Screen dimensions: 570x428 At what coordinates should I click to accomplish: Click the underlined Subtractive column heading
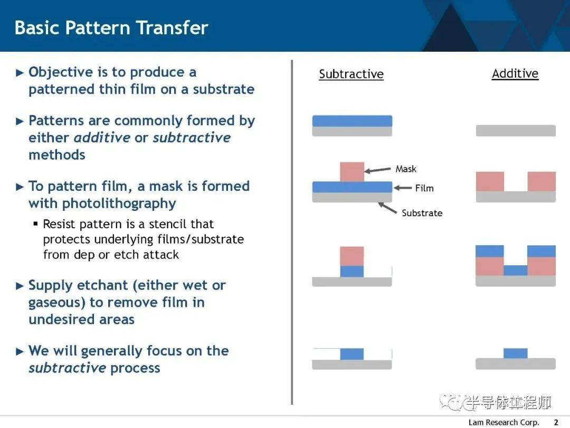click(351, 74)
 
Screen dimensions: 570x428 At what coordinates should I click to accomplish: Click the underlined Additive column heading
click(515, 73)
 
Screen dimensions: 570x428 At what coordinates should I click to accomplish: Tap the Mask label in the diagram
click(406, 169)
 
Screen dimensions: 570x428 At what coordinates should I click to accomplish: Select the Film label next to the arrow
click(424, 188)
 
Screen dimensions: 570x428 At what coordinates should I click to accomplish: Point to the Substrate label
click(422, 213)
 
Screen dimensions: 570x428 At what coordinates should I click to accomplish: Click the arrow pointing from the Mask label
click(378, 170)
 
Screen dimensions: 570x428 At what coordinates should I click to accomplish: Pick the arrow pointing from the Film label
click(403, 188)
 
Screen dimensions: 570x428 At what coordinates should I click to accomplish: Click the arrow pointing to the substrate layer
click(387, 208)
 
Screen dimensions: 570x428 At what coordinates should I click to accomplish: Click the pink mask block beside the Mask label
click(352, 172)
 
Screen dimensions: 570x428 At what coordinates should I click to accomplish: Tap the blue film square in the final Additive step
click(516, 353)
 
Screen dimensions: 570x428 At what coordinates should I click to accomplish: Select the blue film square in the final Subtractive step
click(352, 354)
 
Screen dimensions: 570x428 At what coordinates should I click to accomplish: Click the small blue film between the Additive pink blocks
click(516, 271)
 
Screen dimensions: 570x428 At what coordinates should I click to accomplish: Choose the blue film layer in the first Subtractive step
click(352, 121)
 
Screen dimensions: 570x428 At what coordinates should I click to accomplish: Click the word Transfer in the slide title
click(172, 27)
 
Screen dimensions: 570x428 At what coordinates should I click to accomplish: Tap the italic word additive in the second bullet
click(102, 137)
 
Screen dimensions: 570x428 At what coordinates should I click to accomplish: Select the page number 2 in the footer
click(556, 422)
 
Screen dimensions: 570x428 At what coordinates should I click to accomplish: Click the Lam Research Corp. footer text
click(504, 422)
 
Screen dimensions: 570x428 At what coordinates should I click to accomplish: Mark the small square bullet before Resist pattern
click(36, 224)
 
